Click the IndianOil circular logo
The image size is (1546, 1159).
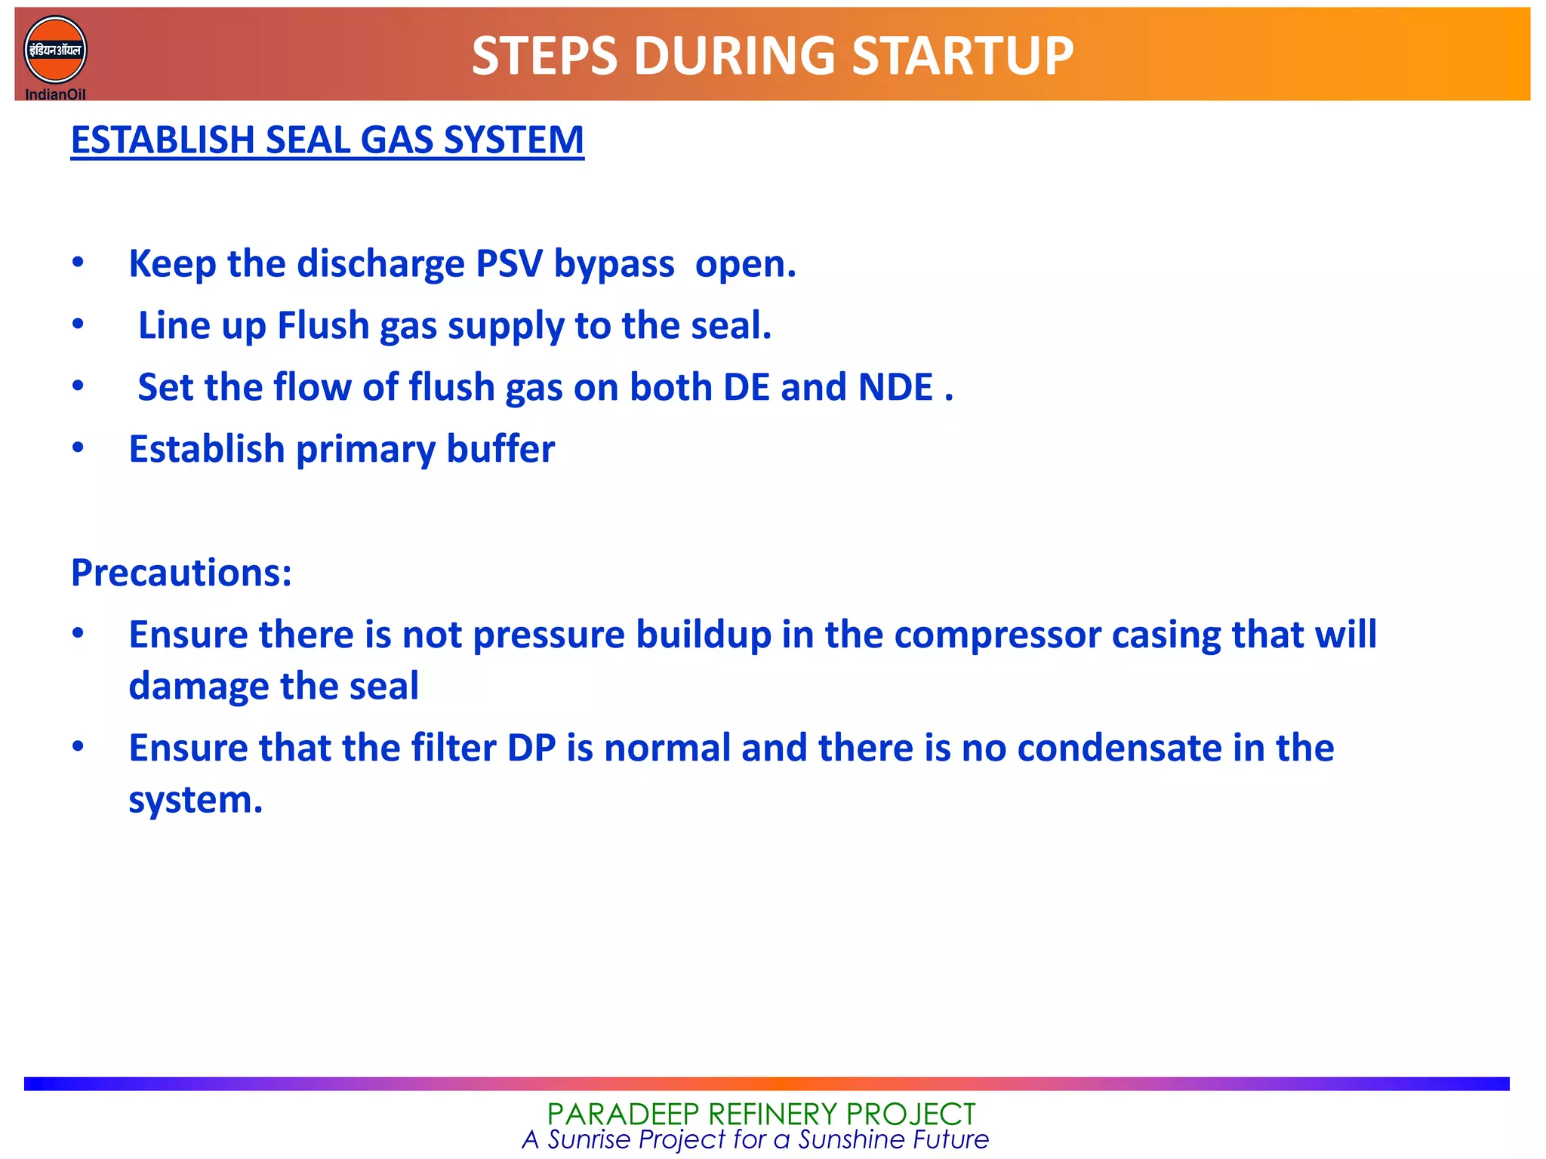coord(55,51)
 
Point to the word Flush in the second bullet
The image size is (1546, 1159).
coord(322,326)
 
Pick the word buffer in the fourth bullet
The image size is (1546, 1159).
coord(500,450)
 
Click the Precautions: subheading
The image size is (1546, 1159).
coord(181,573)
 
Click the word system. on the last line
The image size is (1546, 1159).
coord(196,801)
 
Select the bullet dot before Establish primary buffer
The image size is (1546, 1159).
coord(78,448)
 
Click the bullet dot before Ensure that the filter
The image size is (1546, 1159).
coord(78,747)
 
